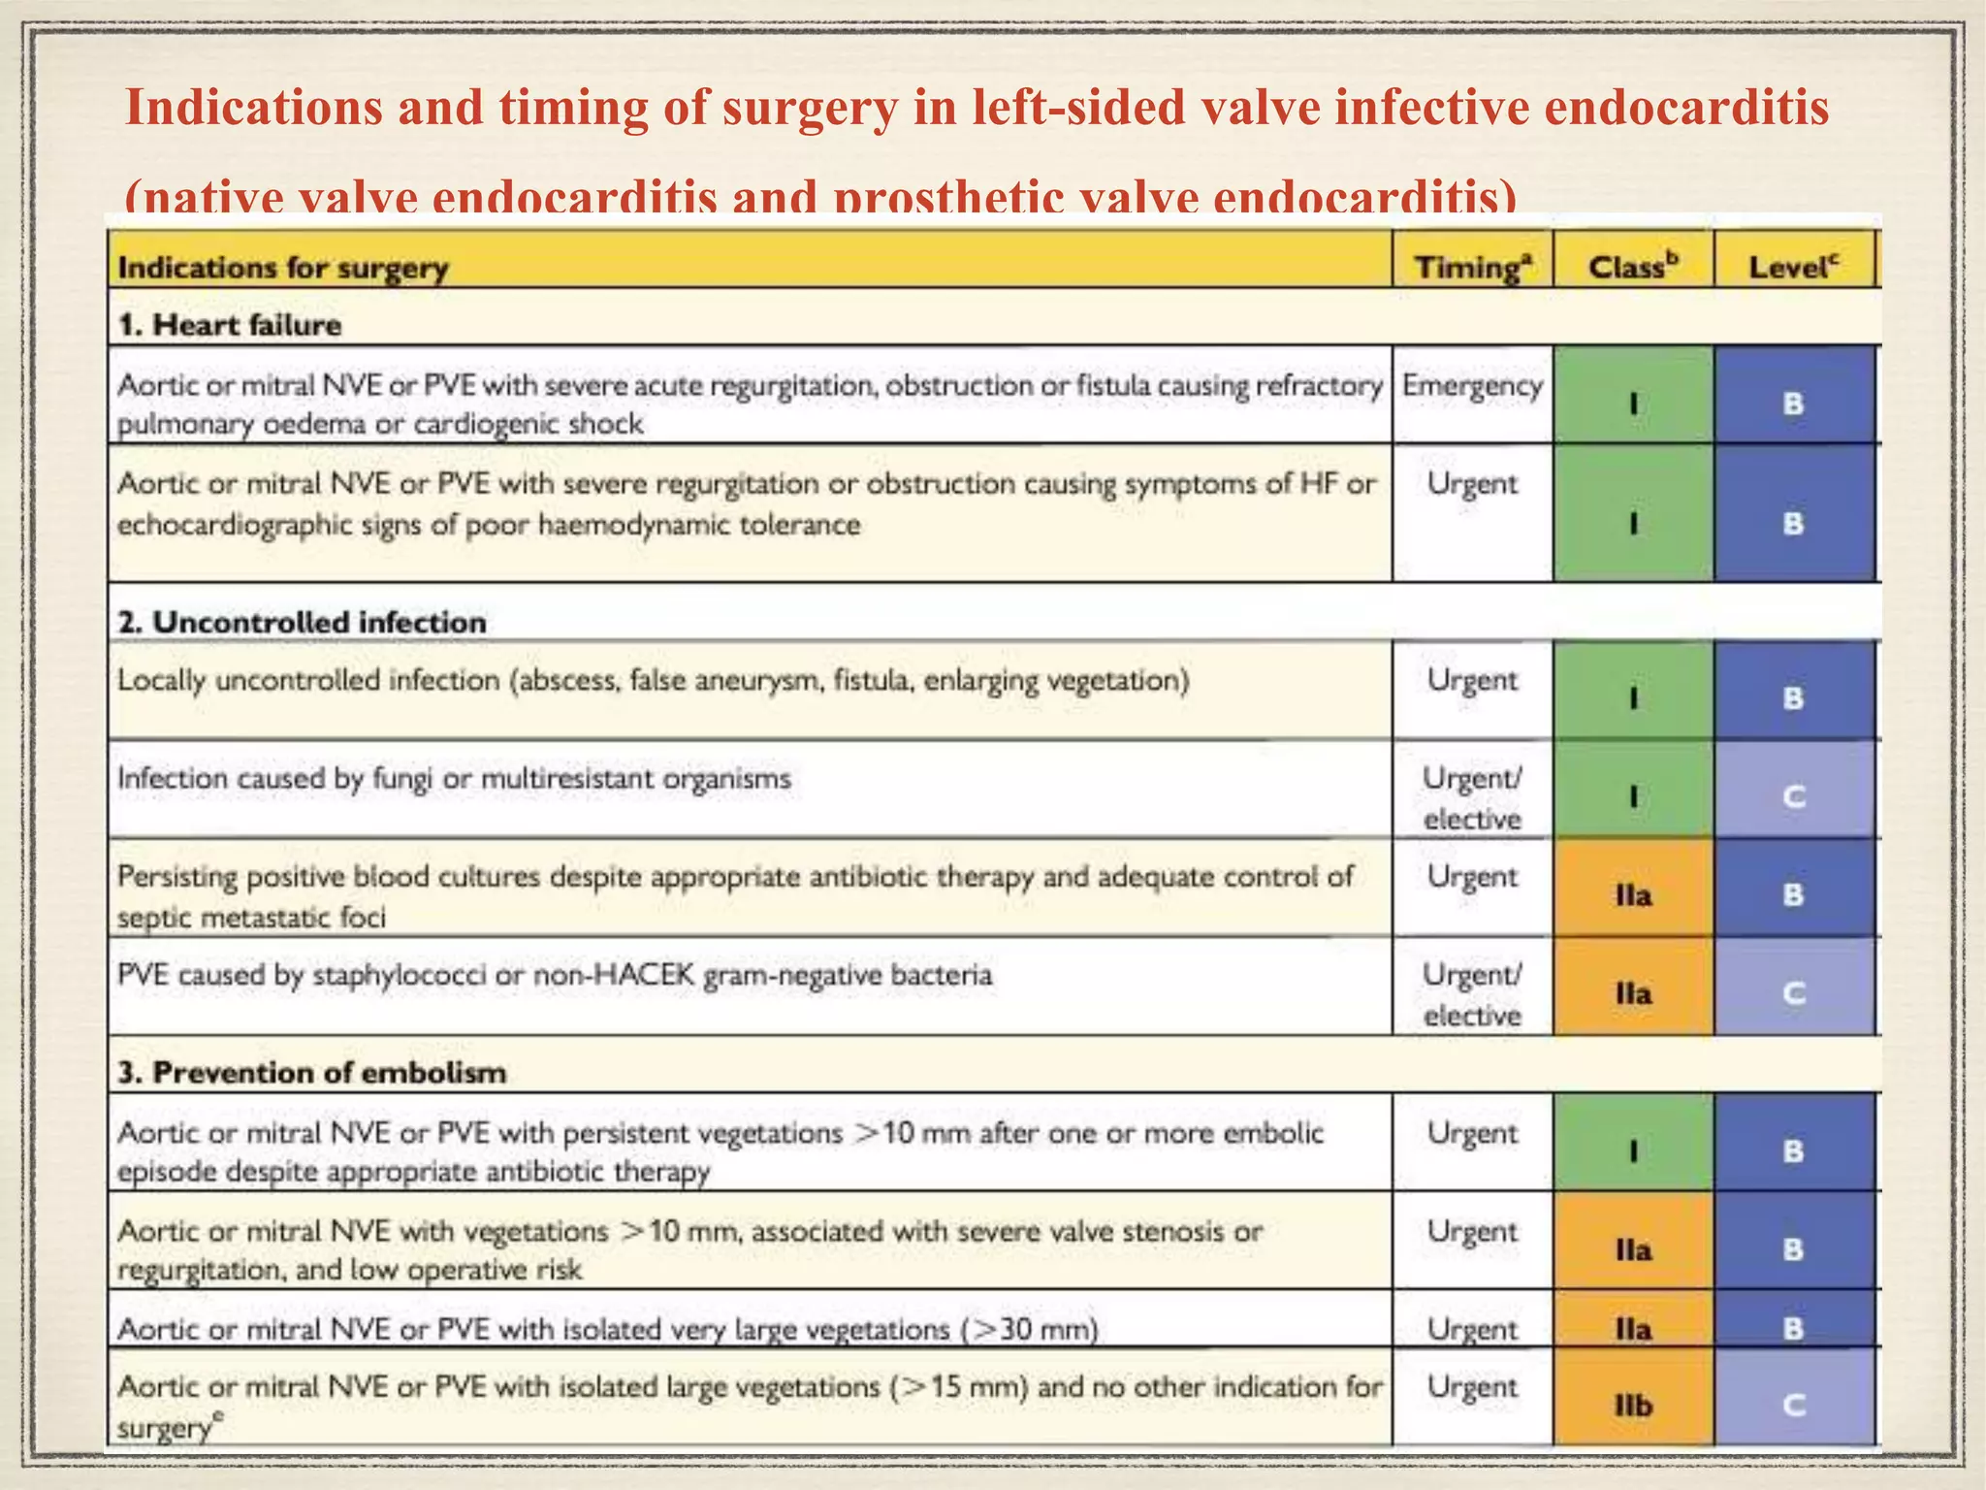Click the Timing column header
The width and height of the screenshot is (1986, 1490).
(1472, 266)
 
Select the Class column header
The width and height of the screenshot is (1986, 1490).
(1632, 266)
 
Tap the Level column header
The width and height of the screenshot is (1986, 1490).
(1793, 266)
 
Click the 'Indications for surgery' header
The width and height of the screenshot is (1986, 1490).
(282, 268)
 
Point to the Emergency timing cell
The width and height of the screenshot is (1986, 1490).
(1472, 386)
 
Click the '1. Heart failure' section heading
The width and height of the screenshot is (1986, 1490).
(230, 324)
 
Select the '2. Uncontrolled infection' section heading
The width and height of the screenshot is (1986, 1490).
(302, 622)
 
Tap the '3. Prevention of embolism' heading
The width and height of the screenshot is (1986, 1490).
(311, 1072)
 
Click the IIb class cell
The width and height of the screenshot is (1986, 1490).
(1633, 1404)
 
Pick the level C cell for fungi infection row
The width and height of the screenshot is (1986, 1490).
(1794, 796)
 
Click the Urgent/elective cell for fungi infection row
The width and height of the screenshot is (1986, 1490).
(1472, 797)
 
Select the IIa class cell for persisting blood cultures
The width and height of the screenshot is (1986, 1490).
(1633, 894)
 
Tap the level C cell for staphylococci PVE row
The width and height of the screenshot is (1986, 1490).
(1794, 993)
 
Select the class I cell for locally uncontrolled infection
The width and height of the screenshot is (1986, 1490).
(1633, 697)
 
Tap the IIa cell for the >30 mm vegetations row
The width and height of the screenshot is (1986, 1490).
(1633, 1327)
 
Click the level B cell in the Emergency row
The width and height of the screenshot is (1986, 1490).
(1794, 403)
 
